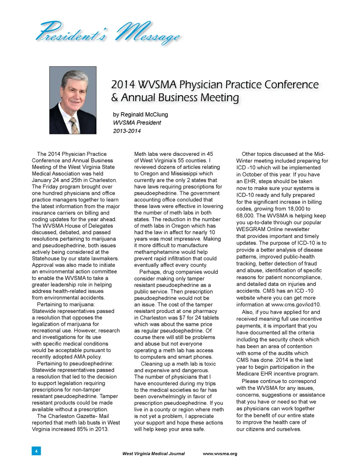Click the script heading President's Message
click(x=108, y=33)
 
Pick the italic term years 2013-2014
click(x=127, y=131)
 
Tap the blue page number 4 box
click(x=36, y=451)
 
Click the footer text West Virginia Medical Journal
click(x=153, y=454)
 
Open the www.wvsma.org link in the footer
click(x=220, y=454)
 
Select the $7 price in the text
click(x=183, y=318)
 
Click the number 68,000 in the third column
click(x=246, y=216)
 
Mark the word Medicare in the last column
click(x=248, y=374)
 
